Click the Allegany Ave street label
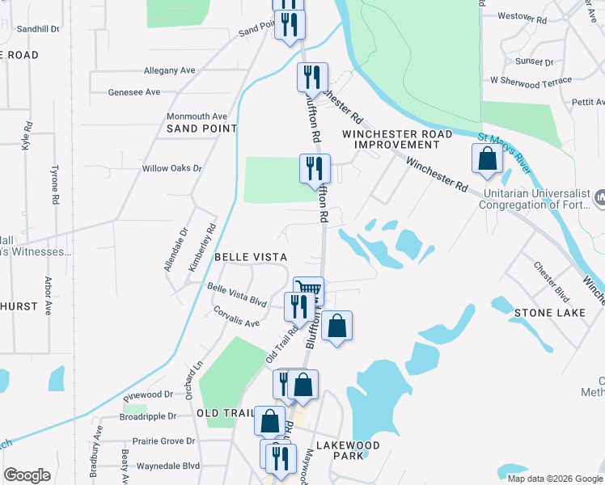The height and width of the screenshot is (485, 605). click(169, 71)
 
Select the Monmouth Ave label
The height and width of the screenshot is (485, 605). click(197, 116)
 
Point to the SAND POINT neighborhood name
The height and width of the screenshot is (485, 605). click(201, 129)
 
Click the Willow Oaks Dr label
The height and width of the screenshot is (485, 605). click(171, 168)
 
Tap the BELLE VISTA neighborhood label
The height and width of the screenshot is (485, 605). click(251, 257)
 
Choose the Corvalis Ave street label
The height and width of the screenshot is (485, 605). click(236, 316)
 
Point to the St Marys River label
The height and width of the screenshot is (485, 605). click(505, 153)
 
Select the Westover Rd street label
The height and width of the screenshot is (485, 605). click(522, 16)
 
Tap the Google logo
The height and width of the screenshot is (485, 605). click(27, 476)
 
